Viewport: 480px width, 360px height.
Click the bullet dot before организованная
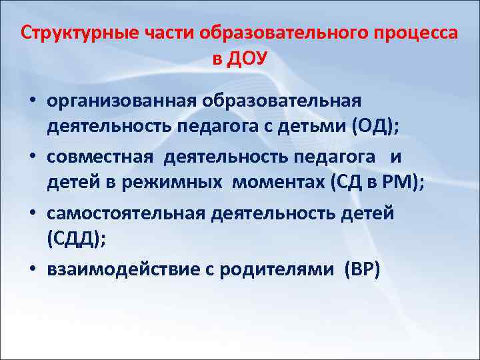(x=32, y=101)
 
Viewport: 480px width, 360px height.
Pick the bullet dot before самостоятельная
(x=32, y=213)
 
